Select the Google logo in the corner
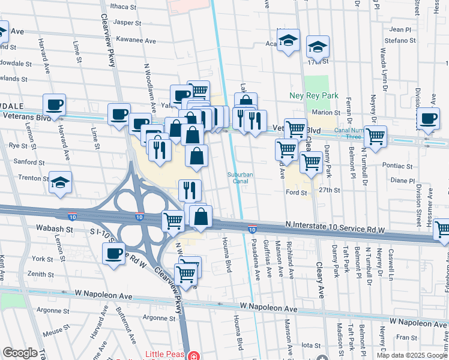tap(19, 353)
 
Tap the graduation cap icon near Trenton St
tap(60, 181)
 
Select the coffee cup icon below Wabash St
tap(114, 253)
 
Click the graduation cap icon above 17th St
tap(318, 46)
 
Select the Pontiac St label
tap(400, 166)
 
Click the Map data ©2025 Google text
tap(412, 355)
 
